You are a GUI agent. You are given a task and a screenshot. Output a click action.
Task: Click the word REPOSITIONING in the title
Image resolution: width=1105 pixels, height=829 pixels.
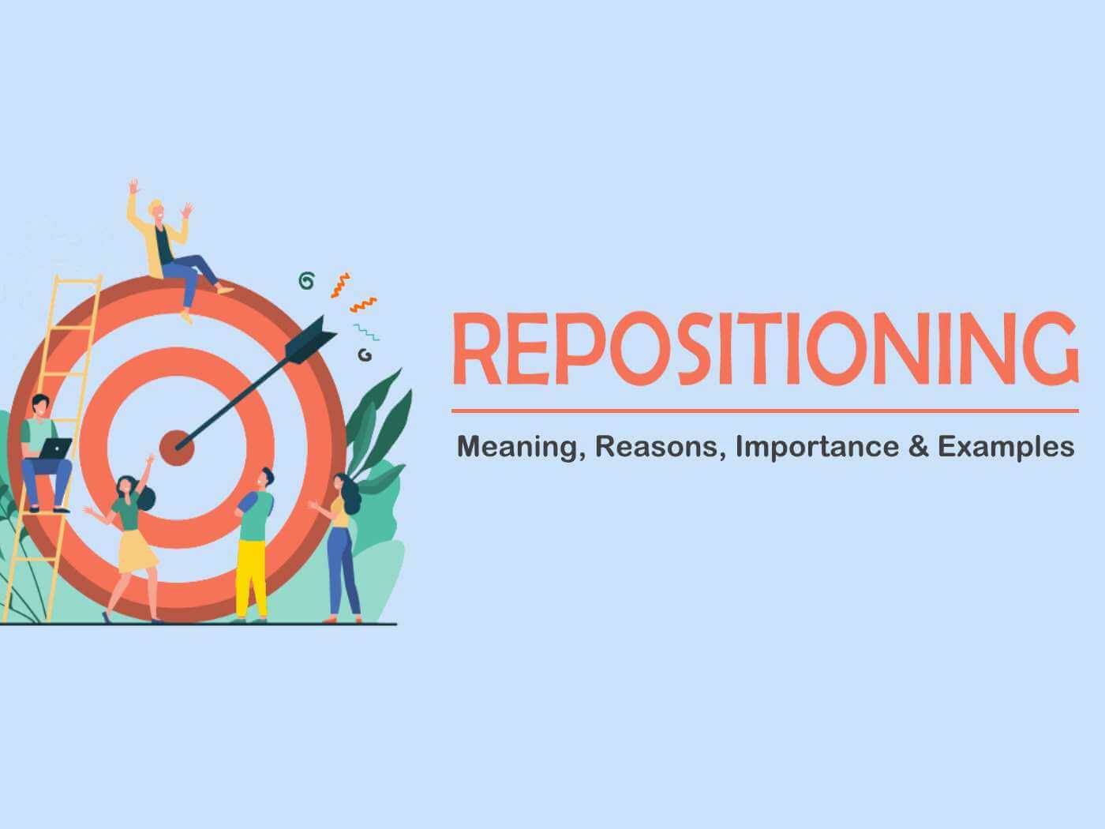(x=764, y=349)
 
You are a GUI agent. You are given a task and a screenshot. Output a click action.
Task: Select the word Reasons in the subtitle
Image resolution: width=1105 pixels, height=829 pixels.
(x=660, y=447)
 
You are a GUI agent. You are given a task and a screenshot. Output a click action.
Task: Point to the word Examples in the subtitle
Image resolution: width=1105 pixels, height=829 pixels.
(x=1006, y=448)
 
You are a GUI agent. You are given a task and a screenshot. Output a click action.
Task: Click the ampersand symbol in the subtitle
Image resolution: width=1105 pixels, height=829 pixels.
(x=917, y=447)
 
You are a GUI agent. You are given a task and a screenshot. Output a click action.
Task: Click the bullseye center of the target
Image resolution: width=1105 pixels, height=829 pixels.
(x=176, y=447)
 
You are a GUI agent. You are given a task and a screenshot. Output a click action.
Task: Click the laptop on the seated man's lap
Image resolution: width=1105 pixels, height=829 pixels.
(x=55, y=448)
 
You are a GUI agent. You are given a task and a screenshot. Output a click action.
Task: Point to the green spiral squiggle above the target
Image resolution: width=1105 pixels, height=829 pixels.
(x=306, y=280)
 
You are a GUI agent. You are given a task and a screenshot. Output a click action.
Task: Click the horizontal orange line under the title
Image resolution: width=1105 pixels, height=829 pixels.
(x=764, y=411)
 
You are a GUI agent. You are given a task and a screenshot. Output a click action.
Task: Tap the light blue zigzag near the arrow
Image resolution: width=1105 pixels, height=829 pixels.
(x=365, y=332)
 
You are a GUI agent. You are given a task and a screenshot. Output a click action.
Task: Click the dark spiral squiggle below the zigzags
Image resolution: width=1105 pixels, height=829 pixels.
(x=364, y=355)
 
